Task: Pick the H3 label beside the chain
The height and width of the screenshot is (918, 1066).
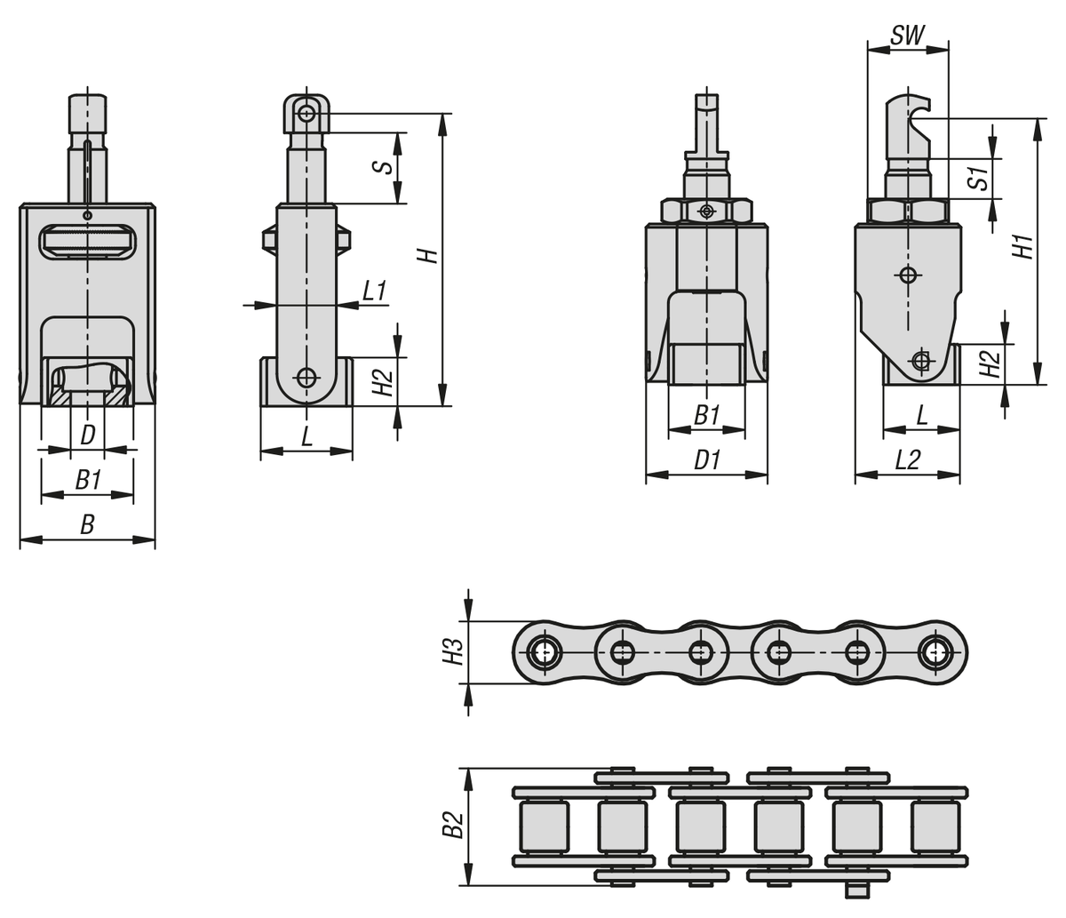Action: coord(454,652)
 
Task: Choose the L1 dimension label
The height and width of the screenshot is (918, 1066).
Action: coord(374,291)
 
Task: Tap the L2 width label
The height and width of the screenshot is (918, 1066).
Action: coord(908,459)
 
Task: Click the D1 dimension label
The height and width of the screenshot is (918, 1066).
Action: coord(706,460)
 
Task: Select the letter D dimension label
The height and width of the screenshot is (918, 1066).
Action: coord(88,435)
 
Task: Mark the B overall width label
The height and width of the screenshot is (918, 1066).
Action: coord(88,525)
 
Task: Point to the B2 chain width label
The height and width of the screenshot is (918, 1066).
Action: coord(454,825)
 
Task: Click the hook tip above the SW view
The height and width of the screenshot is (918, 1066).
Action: coord(930,105)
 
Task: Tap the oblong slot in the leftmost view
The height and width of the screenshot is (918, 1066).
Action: coord(88,241)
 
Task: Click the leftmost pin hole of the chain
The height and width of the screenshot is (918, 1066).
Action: coord(543,652)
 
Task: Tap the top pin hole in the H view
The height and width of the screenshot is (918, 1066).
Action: coord(307,113)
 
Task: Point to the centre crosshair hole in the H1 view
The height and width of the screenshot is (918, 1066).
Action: coord(908,275)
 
